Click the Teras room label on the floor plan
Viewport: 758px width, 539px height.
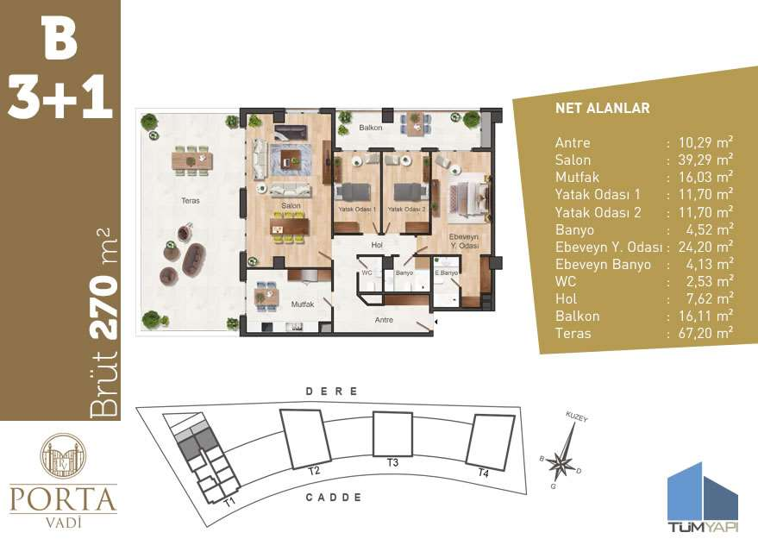click(x=191, y=201)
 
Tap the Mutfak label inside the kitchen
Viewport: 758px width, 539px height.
click(x=303, y=304)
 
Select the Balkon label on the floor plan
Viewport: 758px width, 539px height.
click(x=371, y=128)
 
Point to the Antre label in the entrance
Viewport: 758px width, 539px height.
click(x=385, y=320)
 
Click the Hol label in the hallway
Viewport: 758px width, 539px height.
click(x=377, y=245)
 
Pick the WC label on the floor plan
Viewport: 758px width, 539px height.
click(x=366, y=273)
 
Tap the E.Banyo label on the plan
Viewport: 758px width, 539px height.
click(x=446, y=273)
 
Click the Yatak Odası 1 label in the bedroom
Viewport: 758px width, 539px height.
click(x=357, y=210)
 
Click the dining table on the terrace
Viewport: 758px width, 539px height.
click(x=192, y=160)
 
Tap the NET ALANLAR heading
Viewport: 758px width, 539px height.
click(x=602, y=108)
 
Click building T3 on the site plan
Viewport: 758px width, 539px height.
click(x=392, y=435)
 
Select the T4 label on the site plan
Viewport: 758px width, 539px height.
click(x=484, y=473)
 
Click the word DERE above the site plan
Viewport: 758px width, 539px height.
click(x=332, y=391)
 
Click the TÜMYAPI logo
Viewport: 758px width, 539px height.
click(x=704, y=498)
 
